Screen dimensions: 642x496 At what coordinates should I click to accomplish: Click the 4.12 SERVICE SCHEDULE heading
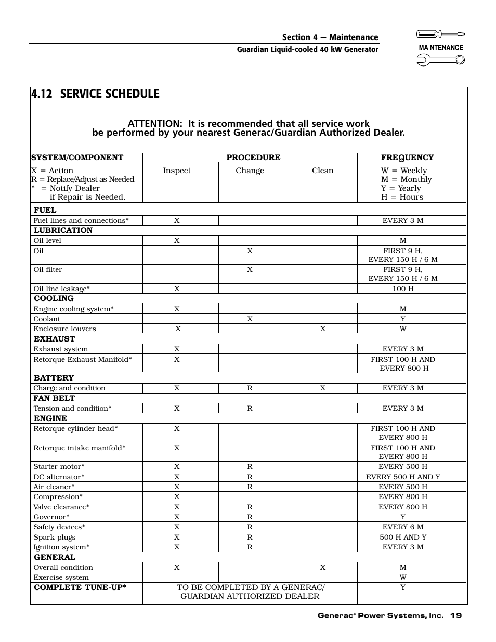click(x=95, y=94)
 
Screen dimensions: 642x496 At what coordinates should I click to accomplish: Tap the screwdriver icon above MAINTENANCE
click(x=441, y=34)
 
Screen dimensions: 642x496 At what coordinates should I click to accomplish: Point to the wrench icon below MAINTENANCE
click(x=441, y=60)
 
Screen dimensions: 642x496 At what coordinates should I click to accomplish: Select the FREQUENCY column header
click(x=407, y=158)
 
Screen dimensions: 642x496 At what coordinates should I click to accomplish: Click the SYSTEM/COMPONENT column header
click(x=77, y=158)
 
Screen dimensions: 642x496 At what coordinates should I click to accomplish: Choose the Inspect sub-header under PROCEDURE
click(x=177, y=171)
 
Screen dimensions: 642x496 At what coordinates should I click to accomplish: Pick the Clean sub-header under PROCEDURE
click(x=322, y=171)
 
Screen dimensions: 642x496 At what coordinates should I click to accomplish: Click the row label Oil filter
click(x=48, y=269)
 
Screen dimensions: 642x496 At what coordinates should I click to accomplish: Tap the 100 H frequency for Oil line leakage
click(x=403, y=289)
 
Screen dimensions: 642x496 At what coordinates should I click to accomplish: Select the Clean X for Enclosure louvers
click(x=323, y=329)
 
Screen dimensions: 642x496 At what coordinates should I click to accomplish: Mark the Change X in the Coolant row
click(x=250, y=319)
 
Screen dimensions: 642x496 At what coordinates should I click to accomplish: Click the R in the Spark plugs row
click(x=250, y=537)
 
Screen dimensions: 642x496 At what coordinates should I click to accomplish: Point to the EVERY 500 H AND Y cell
click(x=403, y=477)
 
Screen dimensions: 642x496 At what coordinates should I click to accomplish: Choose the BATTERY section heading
click(x=54, y=378)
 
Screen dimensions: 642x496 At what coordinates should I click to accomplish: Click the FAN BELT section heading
click(x=54, y=398)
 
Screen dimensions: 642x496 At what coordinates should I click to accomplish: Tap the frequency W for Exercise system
click(x=403, y=577)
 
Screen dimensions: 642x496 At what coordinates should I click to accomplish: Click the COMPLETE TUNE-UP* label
click(x=80, y=587)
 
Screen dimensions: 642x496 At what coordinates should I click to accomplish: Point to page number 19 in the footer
click(x=456, y=615)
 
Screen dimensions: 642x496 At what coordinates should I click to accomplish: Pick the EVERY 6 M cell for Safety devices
click(x=403, y=527)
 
